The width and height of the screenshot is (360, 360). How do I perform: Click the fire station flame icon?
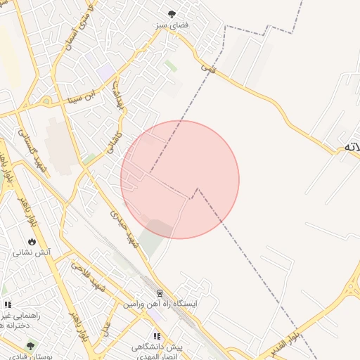pos(32,241)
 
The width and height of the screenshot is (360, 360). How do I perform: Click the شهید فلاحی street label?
pos(86,278)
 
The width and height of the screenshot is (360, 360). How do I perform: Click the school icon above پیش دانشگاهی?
pos(157,336)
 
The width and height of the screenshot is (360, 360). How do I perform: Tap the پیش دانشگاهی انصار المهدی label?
pos(157,352)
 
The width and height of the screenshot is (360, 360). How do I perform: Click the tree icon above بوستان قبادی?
pos(30,346)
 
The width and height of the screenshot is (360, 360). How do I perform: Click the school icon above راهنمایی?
pos(8,304)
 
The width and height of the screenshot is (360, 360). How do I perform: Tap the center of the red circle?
pos(180,179)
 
